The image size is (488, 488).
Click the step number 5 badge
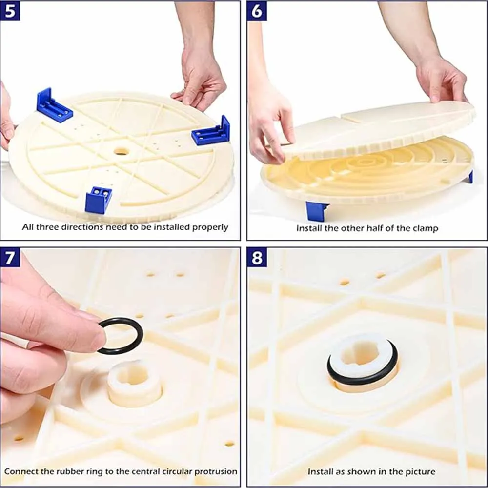[10, 11]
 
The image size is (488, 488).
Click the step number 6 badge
[257, 11]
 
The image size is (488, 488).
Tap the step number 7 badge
[10, 257]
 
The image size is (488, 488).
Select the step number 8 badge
[257, 257]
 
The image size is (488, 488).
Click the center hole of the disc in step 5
[121, 152]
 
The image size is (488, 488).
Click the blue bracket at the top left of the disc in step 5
[54, 105]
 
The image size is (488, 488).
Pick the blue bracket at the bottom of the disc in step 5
[98, 200]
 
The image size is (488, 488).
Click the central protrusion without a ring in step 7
[134, 383]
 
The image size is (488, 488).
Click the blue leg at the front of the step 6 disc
[317, 211]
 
